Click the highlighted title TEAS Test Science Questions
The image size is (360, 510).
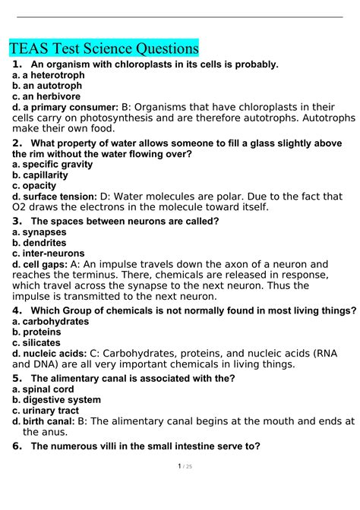coord(105,49)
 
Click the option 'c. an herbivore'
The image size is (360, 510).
coord(46,96)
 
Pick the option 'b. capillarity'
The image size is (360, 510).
coord(40,175)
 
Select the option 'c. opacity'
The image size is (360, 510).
coord(34,185)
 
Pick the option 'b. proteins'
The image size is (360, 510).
coord(37,332)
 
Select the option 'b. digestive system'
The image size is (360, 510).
coord(57,399)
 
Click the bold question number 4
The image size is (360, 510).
coord(17,310)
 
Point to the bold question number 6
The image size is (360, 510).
coord(17,446)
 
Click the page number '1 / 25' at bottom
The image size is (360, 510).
coord(180,487)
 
